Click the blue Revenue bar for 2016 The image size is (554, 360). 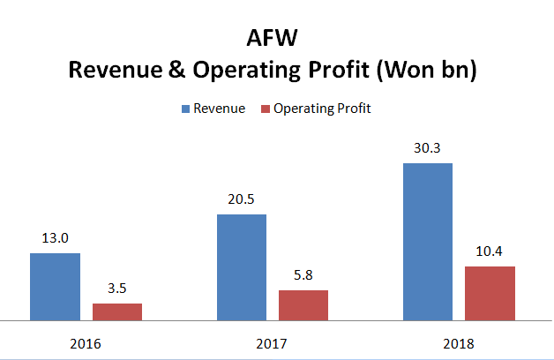pyautogui.click(x=55, y=286)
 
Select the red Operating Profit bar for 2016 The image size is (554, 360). pyautogui.click(x=117, y=311)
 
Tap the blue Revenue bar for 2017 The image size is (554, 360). pyautogui.click(x=242, y=266)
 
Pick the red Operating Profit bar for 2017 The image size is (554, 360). pyautogui.click(x=303, y=304)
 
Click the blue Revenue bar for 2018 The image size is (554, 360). pyautogui.click(x=427, y=241)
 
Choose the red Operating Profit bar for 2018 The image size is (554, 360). pyautogui.click(x=490, y=292)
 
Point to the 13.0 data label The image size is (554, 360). pyautogui.click(x=55, y=238)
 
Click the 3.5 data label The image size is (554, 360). pyautogui.click(x=117, y=288)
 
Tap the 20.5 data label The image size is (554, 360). pyautogui.click(x=242, y=199)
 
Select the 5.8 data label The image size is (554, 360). pyautogui.click(x=303, y=275)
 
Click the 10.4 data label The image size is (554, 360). pyautogui.click(x=490, y=251)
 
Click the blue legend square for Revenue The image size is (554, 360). pyautogui.click(x=186, y=109)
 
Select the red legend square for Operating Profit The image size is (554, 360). pyautogui.click(x=266, y=109)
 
